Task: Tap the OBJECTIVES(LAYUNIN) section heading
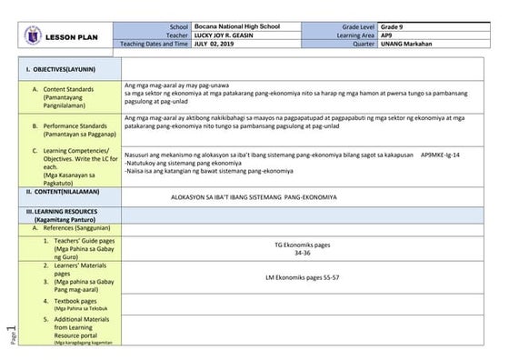(x=59, y=68)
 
